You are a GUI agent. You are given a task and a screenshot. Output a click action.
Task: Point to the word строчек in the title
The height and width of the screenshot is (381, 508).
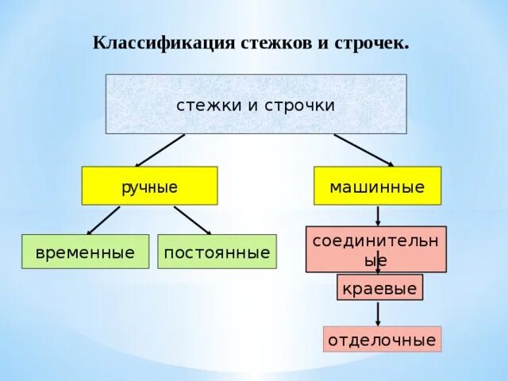click(x=372, y=43)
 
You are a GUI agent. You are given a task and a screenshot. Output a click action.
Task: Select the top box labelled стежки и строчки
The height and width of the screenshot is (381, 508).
click(x=256, y=104)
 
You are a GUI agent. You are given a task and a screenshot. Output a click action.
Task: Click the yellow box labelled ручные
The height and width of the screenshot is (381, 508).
click(x=149, y=186)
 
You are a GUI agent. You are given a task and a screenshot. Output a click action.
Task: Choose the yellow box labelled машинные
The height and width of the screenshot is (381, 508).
click(x=377, y=186)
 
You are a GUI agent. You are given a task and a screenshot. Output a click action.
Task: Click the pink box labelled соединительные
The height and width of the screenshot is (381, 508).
click(x=376, y=248)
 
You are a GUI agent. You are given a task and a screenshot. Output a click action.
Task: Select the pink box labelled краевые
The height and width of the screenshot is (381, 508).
click(x=379, y=287)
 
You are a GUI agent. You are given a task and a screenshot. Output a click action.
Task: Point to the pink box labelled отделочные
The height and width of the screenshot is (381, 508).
click(x=382, y=339)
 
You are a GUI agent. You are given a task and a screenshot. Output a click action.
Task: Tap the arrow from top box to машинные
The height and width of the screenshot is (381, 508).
click(x=363, y=150)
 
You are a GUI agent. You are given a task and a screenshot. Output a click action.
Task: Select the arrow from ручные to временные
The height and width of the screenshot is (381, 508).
click(x=103, y=221)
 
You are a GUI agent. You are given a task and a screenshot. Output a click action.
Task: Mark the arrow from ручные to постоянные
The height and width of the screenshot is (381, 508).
click(x=193, y=221)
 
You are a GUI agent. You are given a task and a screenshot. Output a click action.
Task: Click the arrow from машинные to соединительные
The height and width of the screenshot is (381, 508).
click(x=378, y=215)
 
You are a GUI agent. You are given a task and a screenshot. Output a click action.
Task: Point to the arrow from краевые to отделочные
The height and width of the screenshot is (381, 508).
click(x=378, y=313)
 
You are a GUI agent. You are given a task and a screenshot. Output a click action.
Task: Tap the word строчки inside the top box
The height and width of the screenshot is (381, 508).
click(x=296, y=105)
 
